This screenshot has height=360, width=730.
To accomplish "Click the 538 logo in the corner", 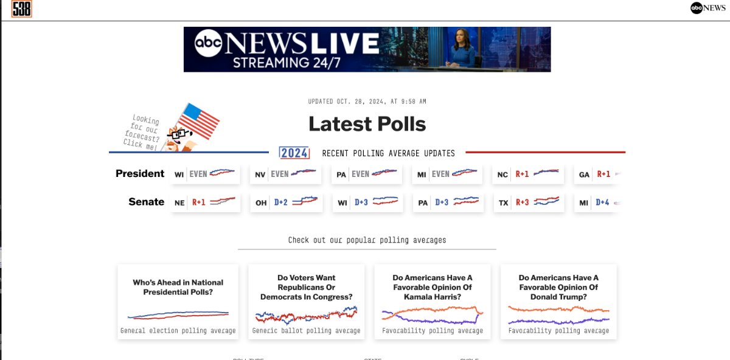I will tap(21, 9).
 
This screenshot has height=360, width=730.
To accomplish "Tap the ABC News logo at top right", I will tap(707, 8).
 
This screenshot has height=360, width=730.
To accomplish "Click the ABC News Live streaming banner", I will tap(367, 49).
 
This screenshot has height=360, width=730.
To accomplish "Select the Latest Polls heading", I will tap(367, 124).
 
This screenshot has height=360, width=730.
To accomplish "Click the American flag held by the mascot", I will tap(198, 121).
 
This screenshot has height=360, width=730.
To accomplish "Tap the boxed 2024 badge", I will tap(294, 153).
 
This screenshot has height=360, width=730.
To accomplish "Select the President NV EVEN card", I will tap(285, 175).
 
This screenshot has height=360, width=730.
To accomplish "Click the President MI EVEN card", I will tap(447, 175).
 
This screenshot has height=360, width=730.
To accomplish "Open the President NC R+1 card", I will tap(528, 175).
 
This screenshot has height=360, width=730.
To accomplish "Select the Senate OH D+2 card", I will tap(285, 202).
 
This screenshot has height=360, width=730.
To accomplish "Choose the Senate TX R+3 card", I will tap(528, 202).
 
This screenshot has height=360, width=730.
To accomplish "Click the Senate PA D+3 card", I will tap(447, 202).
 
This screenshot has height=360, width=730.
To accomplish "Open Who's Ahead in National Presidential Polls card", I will tap(178, 301).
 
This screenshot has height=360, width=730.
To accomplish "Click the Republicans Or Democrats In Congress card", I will tap(306, 301).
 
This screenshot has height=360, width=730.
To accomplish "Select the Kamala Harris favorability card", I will tap(433, 301).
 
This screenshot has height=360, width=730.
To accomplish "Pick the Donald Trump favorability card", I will tap(558, 301).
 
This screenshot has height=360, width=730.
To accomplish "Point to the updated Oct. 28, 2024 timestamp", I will tap(367, 102).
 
